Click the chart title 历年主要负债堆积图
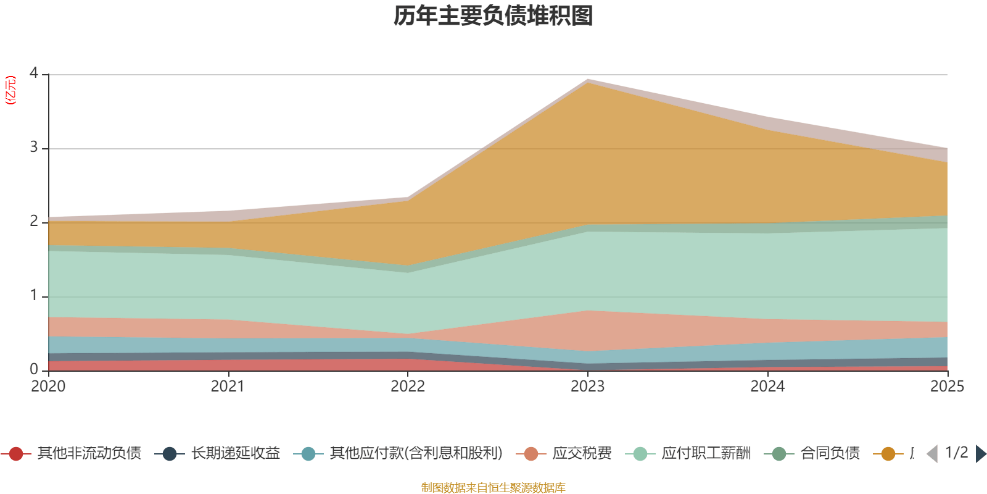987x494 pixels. (x=493, y=17)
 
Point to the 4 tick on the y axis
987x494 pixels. (x=33, y=73)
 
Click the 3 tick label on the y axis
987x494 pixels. (x=33, y=148)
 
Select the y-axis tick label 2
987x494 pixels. (x=33, y=221)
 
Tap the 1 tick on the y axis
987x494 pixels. (x=33, y=295)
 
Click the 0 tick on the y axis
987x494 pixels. (x=33, y=369)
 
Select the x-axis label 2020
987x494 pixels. (x=48, y=387)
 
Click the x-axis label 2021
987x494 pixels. (x=228, y=387)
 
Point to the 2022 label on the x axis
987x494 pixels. (x=408, y=387)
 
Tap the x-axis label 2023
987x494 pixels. (x=587, y=387)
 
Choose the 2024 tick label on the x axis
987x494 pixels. (x=767, y=387)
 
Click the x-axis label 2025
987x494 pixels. (x=947, y=387)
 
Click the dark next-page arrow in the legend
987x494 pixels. (x=980, y=454)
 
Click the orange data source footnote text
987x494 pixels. (x=493, y=488)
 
